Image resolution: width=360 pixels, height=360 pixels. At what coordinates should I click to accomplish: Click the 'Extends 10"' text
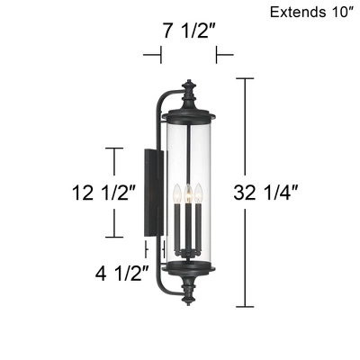click(x=310, y=13)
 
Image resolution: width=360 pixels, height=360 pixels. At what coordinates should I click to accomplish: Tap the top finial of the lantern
click(x=188, y=90)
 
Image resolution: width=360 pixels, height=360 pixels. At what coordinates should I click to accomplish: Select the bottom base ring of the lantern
click(x=188, y=268)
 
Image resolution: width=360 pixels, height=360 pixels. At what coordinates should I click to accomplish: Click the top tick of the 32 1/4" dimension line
click(x=243, y=79)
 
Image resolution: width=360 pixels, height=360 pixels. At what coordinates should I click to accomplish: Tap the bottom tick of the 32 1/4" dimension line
click(x=243, y=305)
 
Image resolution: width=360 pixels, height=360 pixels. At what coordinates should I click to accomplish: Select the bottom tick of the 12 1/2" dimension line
click(x=113, y=237)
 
